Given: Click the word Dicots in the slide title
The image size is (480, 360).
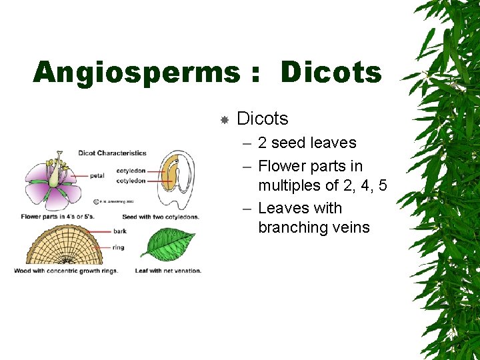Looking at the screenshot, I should tap(331, 72).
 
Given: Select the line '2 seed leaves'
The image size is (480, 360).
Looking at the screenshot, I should tap(307, 143).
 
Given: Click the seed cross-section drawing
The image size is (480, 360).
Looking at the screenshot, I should tap(175, 180).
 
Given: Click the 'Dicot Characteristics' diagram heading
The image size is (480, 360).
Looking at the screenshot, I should tap(112, 153).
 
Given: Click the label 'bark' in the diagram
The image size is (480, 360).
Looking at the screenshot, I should tap(119, 231).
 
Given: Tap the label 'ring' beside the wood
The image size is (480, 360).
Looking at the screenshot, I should tap(118, 247).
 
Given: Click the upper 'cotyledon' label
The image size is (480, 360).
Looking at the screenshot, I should tap(131, 171).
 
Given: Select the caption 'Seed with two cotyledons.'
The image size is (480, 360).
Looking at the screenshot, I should tap(161, 217).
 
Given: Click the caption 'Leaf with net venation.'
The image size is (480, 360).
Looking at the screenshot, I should tap(168, 271).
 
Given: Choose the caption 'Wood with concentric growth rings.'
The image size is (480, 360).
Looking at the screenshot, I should tap(66, 271).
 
